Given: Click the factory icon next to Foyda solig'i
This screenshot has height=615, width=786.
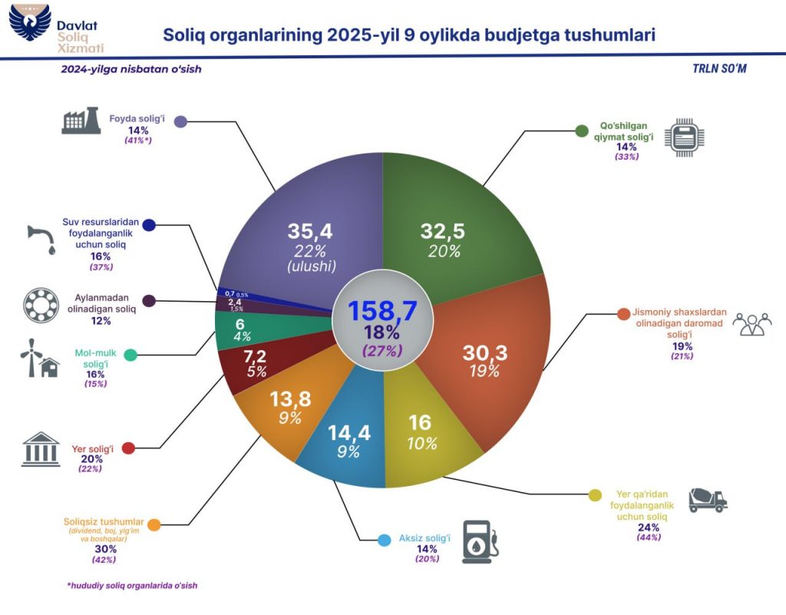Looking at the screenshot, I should [x=81, y=121].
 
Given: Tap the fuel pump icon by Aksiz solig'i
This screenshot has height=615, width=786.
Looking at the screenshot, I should [x=481, y=542].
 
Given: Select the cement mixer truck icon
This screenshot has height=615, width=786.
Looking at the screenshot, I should [x=707, y=500].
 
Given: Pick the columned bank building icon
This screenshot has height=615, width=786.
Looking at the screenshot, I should [x=42, y=449].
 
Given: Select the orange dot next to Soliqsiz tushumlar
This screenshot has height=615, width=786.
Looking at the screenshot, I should [x=154, y=525].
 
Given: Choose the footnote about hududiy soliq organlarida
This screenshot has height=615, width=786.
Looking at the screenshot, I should [x=133, y=585].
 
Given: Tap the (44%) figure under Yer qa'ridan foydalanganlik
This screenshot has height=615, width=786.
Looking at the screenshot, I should [x=649, y=537].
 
